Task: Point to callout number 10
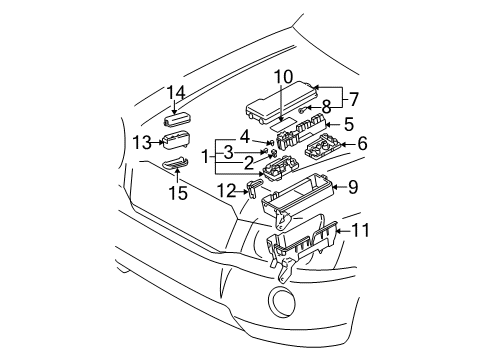[x=284, y=76]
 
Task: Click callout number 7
[x=353, y=98]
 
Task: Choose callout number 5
[x=347, y=125]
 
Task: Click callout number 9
[x=352, y=187]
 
